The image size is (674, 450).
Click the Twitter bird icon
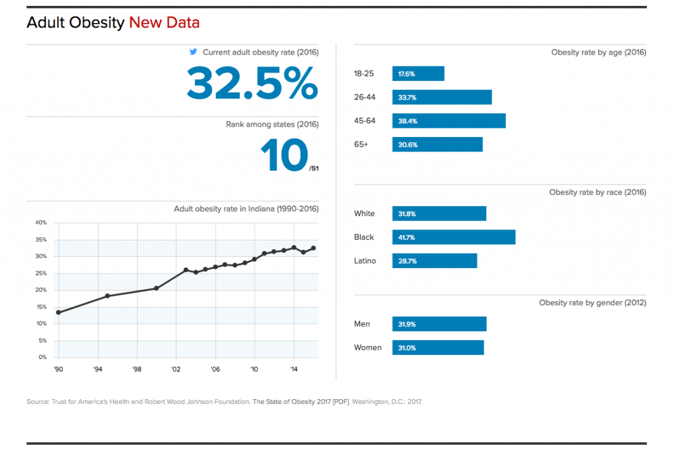tap(194, 52)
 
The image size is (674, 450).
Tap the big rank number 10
tap(284, 156)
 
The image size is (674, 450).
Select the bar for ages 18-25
tap(418, 74)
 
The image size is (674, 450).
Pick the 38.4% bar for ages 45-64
tap(449, 121)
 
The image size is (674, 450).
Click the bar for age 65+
tap(437, 145)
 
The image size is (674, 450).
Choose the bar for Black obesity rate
tap(454, 237)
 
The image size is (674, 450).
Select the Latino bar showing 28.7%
tap(434, 261)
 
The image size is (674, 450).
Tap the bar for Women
tap(438, 348)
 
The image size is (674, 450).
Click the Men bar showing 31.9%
tap(439, 324)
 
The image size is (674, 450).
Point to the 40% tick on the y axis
tap(41, 223)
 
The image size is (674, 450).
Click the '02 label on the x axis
tap(176, 369)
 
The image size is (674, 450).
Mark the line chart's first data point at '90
tap(59, 312)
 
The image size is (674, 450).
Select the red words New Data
tap(164, 23)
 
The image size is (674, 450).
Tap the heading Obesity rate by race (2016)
tap(598, 192)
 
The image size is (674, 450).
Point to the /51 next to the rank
tap(314, 169)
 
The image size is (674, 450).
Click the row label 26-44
tap(365, 98)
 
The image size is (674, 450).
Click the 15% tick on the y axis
tap(41, 307)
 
